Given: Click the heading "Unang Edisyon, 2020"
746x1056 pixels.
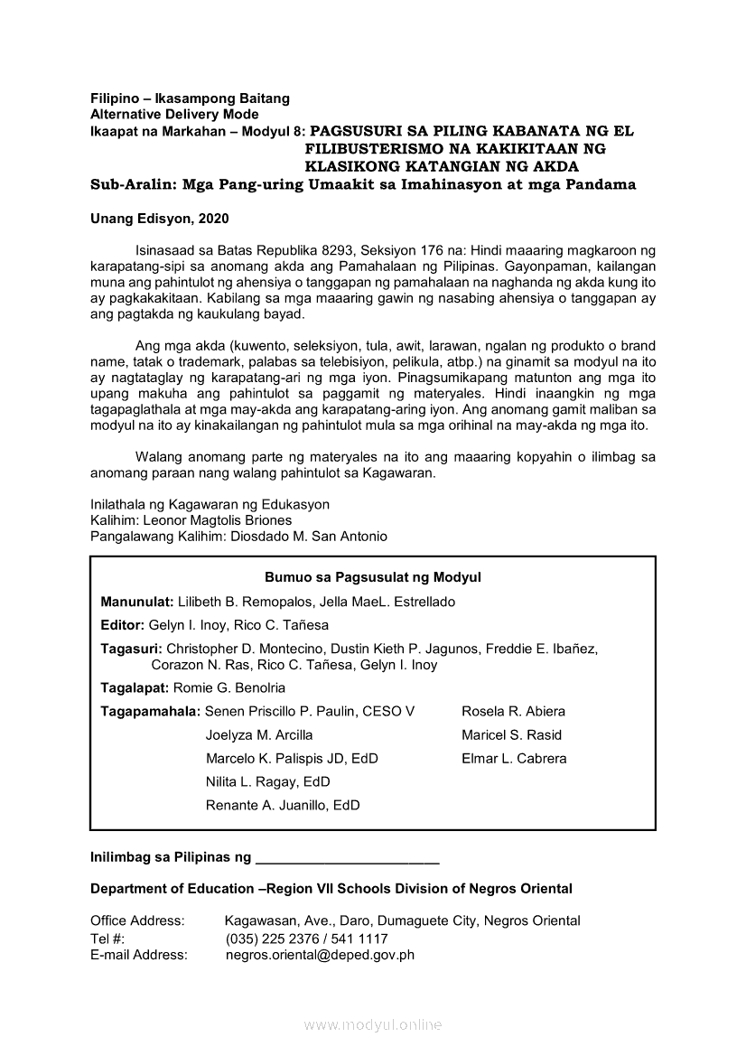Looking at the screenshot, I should coord(159,219).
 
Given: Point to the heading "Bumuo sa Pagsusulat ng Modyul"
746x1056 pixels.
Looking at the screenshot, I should coord(372,577).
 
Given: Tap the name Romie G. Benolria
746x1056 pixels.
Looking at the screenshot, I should coord(228,688).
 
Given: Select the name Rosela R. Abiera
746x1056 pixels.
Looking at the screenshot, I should coord(513,712).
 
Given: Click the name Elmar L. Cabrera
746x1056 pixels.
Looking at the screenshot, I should coord(514,759).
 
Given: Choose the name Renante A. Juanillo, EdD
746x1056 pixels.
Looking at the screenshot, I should coord(283,806).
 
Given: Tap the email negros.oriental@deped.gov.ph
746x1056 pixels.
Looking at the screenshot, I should coord(320,955).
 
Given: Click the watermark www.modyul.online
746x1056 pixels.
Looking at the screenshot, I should coord(373,1025).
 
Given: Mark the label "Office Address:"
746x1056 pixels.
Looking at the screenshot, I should coord(137,921).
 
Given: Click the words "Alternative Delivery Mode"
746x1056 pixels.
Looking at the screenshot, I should coord(174,115).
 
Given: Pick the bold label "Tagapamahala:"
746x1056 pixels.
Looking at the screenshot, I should coord(151,712).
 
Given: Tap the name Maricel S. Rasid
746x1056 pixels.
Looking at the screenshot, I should coord(511,735).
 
